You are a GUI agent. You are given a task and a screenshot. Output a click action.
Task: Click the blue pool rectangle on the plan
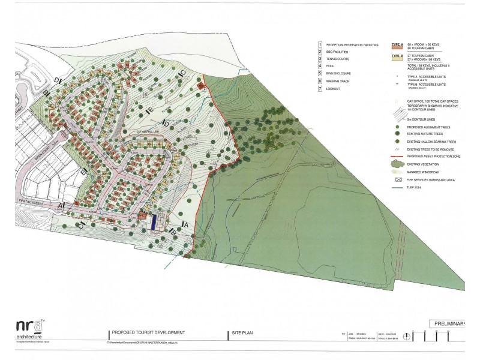click(x=154, y=221)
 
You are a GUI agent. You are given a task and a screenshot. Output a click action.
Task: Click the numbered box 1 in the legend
click(x=320, y=45)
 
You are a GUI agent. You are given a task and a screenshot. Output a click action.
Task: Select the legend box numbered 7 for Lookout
click(x=320, y=89)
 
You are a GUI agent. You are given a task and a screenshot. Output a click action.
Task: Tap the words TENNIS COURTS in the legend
click(x=340, y=60)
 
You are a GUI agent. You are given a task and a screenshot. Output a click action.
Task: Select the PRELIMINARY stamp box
click(x=448, y=324)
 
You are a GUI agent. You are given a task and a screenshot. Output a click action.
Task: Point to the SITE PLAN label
click(x=242, y=332)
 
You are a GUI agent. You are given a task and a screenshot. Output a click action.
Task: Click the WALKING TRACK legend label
click(x=340, y=82)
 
